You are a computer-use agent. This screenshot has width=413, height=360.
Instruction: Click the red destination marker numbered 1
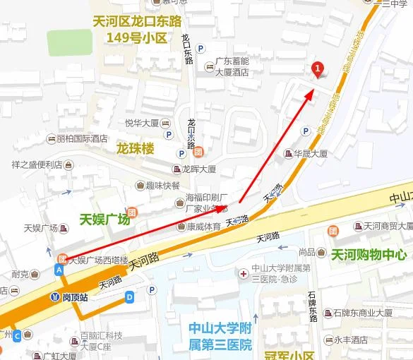pyautogui.click(x=318, y=68)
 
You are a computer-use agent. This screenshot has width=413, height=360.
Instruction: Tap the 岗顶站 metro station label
pyautogui.click(x=74, y=297)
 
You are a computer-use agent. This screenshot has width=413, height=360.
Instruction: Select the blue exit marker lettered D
pyautogui.click(x=129, y=298)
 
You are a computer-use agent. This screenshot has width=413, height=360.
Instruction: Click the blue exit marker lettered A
pyautogui.click(x=60, y=270)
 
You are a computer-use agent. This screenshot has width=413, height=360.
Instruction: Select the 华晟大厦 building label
pyautogui.click(x=311, y=153)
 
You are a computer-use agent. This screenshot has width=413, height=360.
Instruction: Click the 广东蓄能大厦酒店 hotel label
pyautogui.click(x=232, y=67)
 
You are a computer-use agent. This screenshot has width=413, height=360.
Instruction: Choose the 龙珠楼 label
pyautogui.click(x=135, y=149)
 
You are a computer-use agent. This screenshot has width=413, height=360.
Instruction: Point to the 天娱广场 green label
pyautogui.click(x=104, y=219)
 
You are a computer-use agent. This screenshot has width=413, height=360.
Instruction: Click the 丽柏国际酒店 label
pyautogui.click(x=82, y=138)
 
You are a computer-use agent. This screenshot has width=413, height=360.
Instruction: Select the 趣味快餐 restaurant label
pyautogui.click(x=163, y=186)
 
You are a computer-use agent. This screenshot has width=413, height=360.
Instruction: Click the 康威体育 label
pyautogui.click(x=203, y=227)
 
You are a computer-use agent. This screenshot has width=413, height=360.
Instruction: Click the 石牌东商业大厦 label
pyautogui.click(x=362, y=313)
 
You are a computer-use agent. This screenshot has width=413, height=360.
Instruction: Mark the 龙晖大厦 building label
pyautogui.click(x=198, y=169)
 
